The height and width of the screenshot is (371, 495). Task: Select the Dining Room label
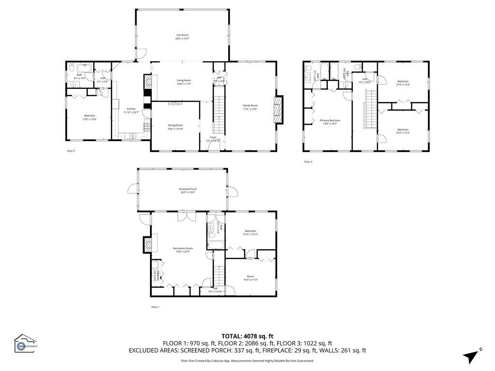click(175, 127)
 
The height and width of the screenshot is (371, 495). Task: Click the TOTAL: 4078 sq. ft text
click(247, 336)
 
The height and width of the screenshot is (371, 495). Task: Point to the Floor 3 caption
click(308, 162)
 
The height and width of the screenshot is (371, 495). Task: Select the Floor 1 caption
click(155, 307)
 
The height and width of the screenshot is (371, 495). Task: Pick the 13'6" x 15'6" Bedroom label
click(90, 117)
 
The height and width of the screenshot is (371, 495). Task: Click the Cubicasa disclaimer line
click(247, 361)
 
